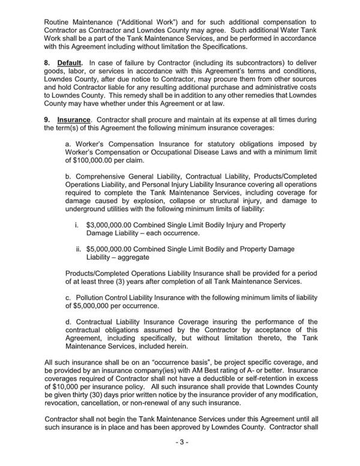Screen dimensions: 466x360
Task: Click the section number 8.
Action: click(48, 62)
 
